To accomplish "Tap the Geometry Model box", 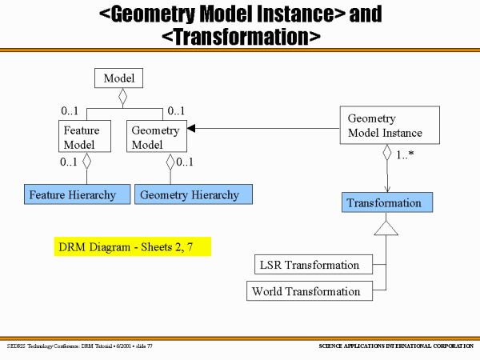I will tap(156, 137).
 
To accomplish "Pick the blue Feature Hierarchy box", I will tap(72, 194).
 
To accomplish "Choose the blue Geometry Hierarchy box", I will tap(193, 194).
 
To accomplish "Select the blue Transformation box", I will tap(387, 203).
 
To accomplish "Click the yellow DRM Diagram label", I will tap(132, 246).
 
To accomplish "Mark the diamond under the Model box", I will tap(122, 97).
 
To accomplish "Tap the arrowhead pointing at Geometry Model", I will tap(192, 128).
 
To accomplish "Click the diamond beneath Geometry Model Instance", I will tap(387, 152).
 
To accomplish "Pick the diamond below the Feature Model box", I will tap(87, 160).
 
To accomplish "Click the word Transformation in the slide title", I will tap(241, 36).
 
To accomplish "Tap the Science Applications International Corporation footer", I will tap(392, 346).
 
